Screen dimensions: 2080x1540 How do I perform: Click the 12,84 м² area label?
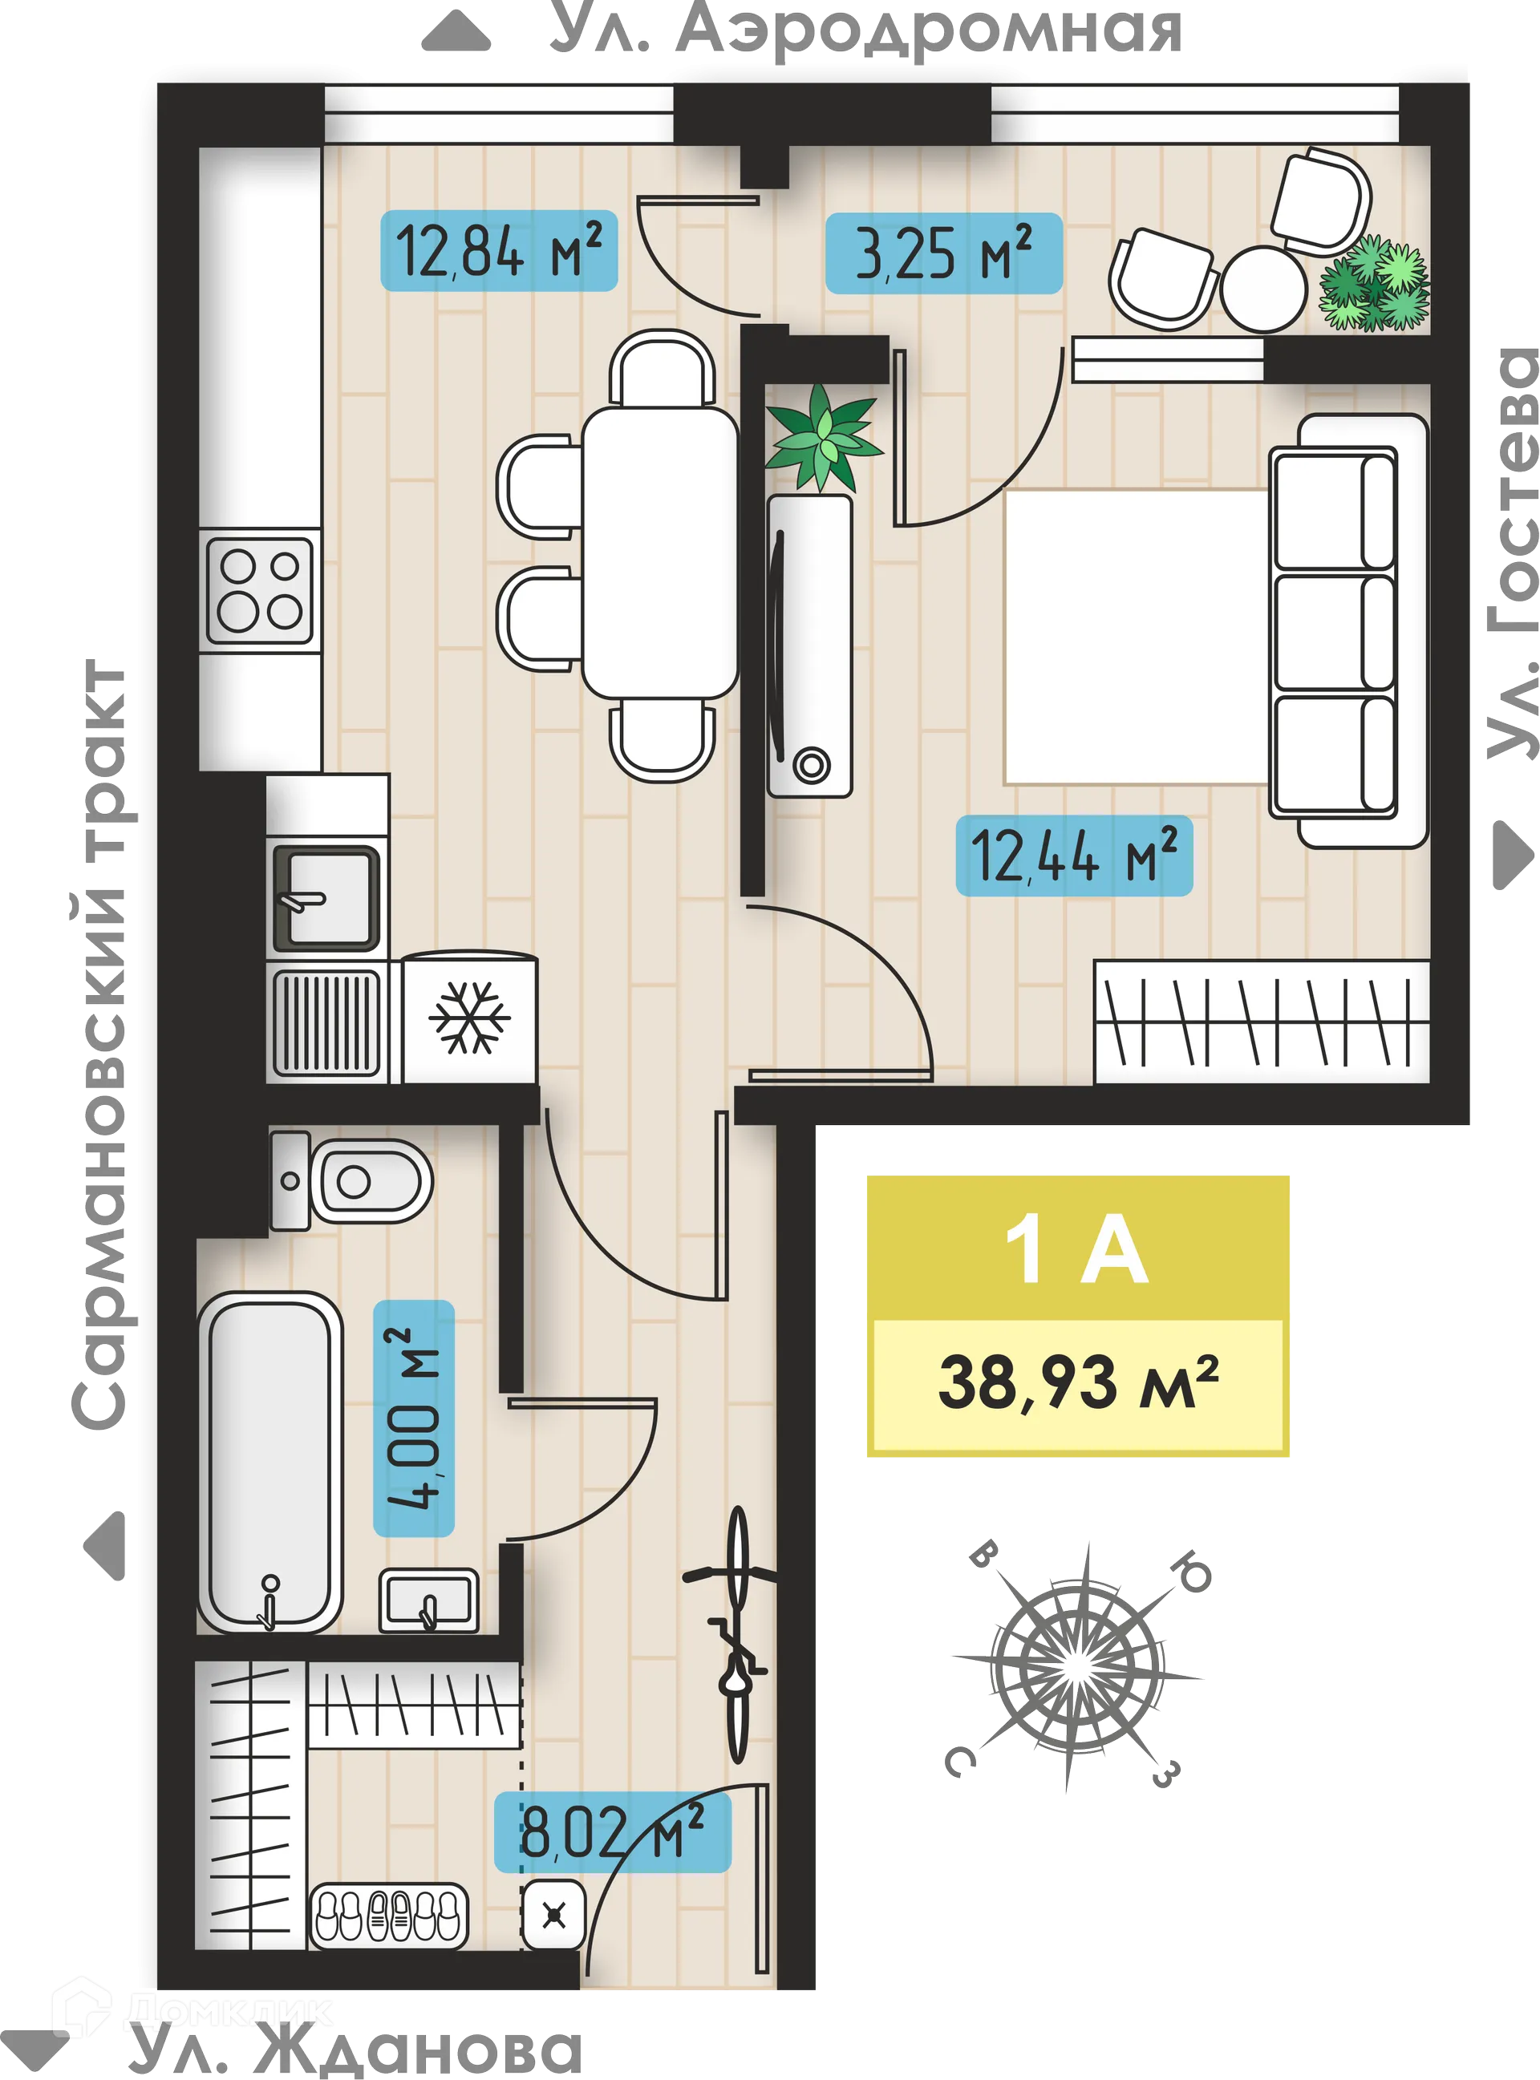click(499, 251)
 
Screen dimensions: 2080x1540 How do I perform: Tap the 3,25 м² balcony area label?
click(943, 253)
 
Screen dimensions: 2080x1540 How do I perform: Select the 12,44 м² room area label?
click(1074, 855)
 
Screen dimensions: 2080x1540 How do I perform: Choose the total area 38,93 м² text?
click(1078, 1384)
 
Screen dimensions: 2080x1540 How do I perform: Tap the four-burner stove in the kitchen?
click(259, 590)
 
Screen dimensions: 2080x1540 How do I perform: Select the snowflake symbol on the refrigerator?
click(469, 1017)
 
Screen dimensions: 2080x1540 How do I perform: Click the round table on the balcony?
click(1264, 287)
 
